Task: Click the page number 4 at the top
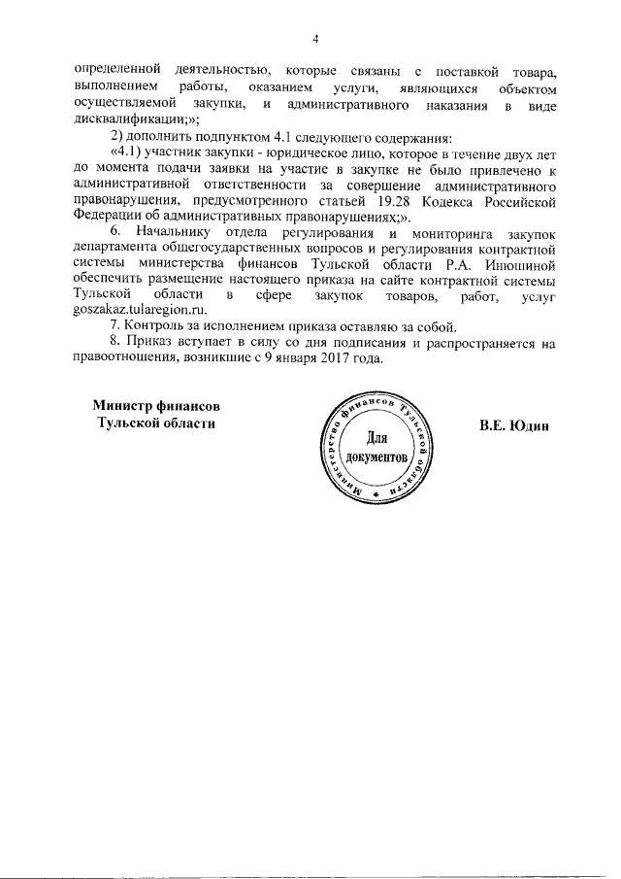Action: pyautogui.click(x=315, y=39)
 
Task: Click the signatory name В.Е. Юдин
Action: pyautogui.click(x=514, y=424)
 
